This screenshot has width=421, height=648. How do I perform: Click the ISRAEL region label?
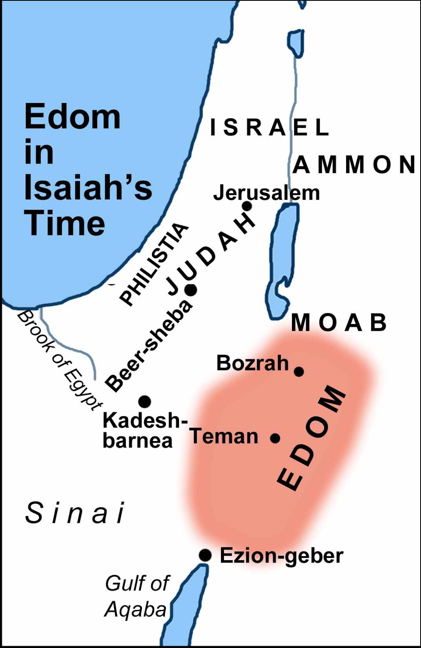coord(269,127)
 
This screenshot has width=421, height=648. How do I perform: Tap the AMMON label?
coord(354,165)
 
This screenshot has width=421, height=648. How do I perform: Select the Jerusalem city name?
coord(266,193)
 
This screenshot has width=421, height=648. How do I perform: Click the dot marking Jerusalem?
coord(247,206)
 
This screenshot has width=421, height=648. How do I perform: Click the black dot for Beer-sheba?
coord(191,290)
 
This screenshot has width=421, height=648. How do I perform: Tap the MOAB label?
coord(339,323)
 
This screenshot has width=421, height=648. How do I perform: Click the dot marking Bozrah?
coord(299,371)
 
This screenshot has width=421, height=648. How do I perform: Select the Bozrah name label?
coord(253,363)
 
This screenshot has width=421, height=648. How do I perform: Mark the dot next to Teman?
coord(275,438)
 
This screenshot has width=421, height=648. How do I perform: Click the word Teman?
coord(224,436)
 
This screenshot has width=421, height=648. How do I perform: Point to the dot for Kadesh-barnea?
coord(145,401)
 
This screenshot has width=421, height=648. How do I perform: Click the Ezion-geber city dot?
coord(205,555)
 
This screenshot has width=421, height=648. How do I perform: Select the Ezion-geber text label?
coord(281,555)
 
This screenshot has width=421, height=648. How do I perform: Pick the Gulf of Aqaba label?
coord(137,596)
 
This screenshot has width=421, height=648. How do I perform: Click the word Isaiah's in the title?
coord(88,188)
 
